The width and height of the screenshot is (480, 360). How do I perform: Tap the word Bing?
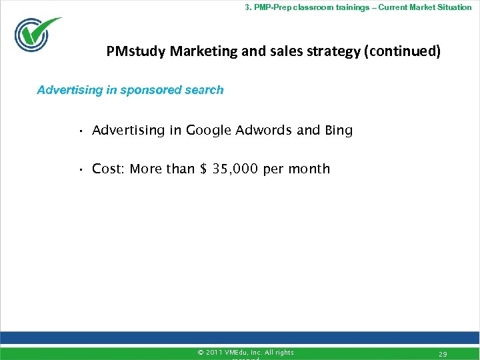[338, 130]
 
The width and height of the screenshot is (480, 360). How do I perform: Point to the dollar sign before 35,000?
[203, 169]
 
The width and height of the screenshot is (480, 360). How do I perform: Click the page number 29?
[443, 354]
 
